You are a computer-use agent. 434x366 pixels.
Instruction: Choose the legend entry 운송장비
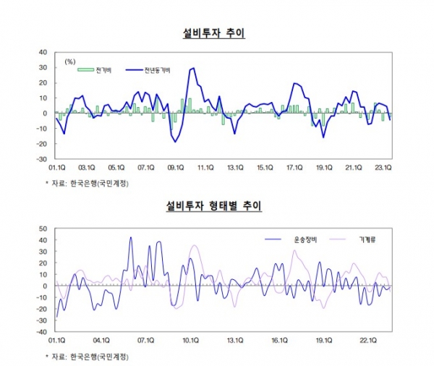click(x=296, y=238)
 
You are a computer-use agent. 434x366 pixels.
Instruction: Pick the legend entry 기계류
click(x=369, y=238)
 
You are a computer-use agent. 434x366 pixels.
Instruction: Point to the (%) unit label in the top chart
click(x=70, y=61)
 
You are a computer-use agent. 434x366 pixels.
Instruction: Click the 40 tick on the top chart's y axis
click(x=43, y=52)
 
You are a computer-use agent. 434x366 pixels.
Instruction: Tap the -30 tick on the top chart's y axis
click(x=41, y=159)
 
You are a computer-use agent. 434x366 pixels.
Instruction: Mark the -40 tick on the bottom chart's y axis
click(x=41, y=332)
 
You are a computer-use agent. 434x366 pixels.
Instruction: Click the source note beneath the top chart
click(x=86, y=184)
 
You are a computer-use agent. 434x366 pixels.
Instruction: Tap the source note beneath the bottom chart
click(x=86, y=357)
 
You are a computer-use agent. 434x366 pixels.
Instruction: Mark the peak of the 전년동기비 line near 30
click(x=192, y=68)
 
